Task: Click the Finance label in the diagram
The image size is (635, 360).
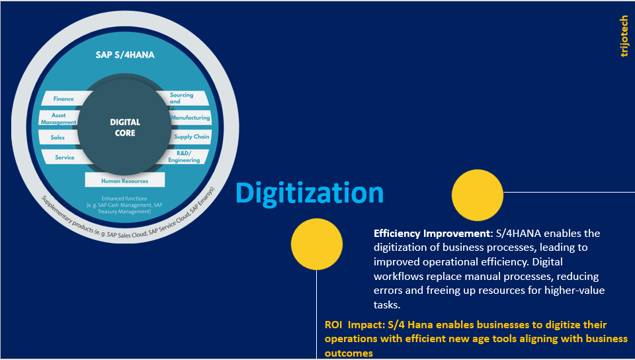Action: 63,99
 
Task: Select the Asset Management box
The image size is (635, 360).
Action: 58,118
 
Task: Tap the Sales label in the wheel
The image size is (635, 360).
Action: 58,138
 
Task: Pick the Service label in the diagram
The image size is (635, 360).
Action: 65,157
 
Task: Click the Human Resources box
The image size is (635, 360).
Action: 125,180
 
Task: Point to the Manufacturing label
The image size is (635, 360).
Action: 190,118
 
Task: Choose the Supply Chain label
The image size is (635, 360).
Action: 192,137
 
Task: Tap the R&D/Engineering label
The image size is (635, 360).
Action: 184,157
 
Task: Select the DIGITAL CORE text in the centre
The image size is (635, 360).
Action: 125,128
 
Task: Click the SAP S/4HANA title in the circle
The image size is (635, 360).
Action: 125,55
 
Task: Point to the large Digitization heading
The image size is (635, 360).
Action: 310,193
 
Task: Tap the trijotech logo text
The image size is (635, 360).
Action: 624,36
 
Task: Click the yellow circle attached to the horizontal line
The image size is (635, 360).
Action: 478,195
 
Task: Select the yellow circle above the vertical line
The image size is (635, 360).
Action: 317,244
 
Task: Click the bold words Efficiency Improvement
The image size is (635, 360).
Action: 432,234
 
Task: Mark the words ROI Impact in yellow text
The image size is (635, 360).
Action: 354,325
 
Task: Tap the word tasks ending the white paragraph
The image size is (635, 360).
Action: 387,305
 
